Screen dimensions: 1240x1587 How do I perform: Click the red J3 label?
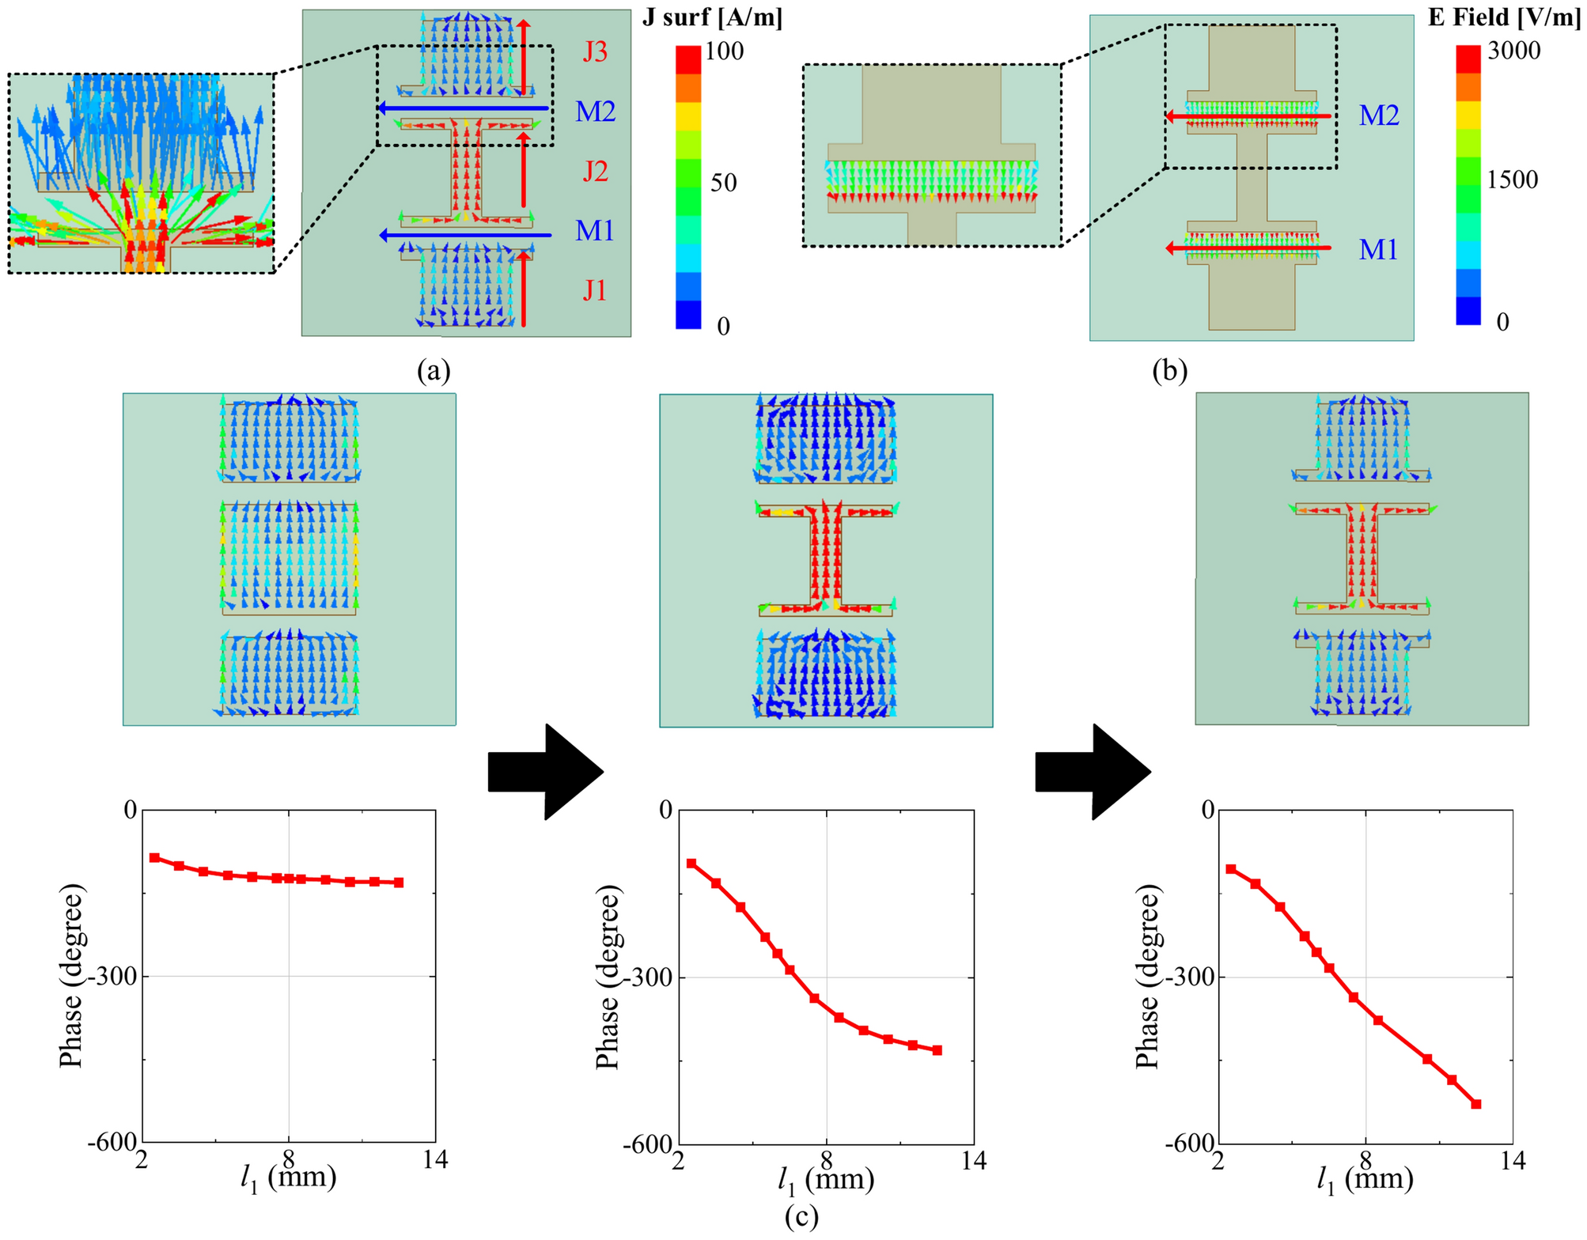coord(595,52)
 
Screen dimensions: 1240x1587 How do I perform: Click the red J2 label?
coord(595,172)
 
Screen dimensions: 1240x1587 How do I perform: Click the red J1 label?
coord(595,291)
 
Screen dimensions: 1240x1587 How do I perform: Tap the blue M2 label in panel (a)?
coord(595,112)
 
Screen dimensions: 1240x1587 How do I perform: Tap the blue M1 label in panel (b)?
coord(1378,250)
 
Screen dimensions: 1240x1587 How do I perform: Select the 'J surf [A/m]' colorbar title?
coord(712,17)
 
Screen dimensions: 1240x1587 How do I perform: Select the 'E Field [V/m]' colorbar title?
coord(1504,17)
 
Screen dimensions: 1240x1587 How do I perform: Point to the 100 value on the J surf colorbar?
coord(725,51)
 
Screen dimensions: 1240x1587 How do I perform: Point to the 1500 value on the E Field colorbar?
coord(1512,180)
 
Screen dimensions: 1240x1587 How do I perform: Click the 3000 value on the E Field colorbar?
coord(1513,51)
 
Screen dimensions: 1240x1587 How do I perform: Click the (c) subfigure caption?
coord(801,1216)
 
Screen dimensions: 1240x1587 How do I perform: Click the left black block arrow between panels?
coord(546,772)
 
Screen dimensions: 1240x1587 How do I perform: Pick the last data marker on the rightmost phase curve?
coord(1475,1104)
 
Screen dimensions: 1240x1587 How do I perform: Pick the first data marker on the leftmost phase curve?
coord(154,858)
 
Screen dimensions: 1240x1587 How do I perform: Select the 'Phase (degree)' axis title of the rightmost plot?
coord(1148,977)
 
